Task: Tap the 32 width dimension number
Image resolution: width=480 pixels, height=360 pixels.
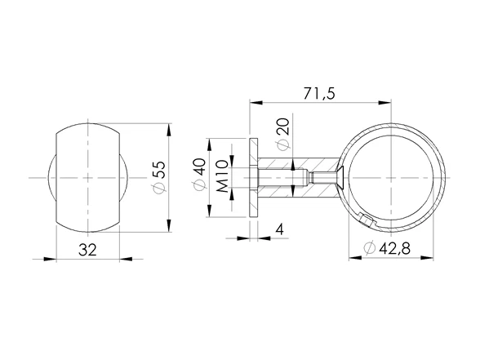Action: (x=88, y=249)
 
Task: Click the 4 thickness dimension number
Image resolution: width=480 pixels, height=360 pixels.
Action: (x=280, y=230)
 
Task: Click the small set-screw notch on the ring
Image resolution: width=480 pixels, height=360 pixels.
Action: (x=365, y=218)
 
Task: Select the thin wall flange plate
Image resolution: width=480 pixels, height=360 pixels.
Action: (x=255, y=177)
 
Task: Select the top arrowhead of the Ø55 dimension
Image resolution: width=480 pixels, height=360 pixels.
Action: (x=170, y=129)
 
